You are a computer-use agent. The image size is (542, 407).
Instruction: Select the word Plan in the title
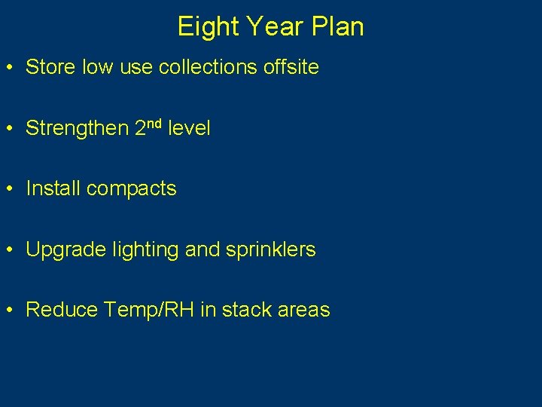336,27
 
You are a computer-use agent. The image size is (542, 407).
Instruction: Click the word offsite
291,67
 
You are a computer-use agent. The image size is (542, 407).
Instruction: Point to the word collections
209,67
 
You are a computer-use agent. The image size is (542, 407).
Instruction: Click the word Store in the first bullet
51,67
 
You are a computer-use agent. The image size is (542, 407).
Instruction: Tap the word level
189,128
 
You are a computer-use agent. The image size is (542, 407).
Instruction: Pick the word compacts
131,189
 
